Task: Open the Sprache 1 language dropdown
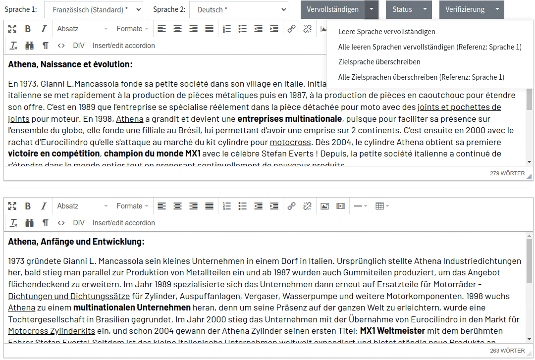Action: [93, 9]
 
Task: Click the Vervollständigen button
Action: [332, 9]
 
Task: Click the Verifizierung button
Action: [465, 9]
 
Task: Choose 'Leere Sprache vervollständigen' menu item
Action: [386, 32]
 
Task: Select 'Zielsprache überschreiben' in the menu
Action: [379, 62]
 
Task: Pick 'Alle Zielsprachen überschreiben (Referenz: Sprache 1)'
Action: [421, 77]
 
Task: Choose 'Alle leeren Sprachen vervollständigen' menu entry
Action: [429, 47]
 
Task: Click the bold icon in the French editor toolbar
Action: [28, 29]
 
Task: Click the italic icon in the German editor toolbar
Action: [44, 206]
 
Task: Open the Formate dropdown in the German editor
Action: [132, 206]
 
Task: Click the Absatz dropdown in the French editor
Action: [82, 29]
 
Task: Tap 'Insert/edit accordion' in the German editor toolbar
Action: [124, 223]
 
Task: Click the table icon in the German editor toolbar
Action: [381, 206]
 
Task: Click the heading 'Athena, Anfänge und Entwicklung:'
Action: [76, 242]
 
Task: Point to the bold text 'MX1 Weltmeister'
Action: [392, 331]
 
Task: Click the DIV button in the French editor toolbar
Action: [79, 46]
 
